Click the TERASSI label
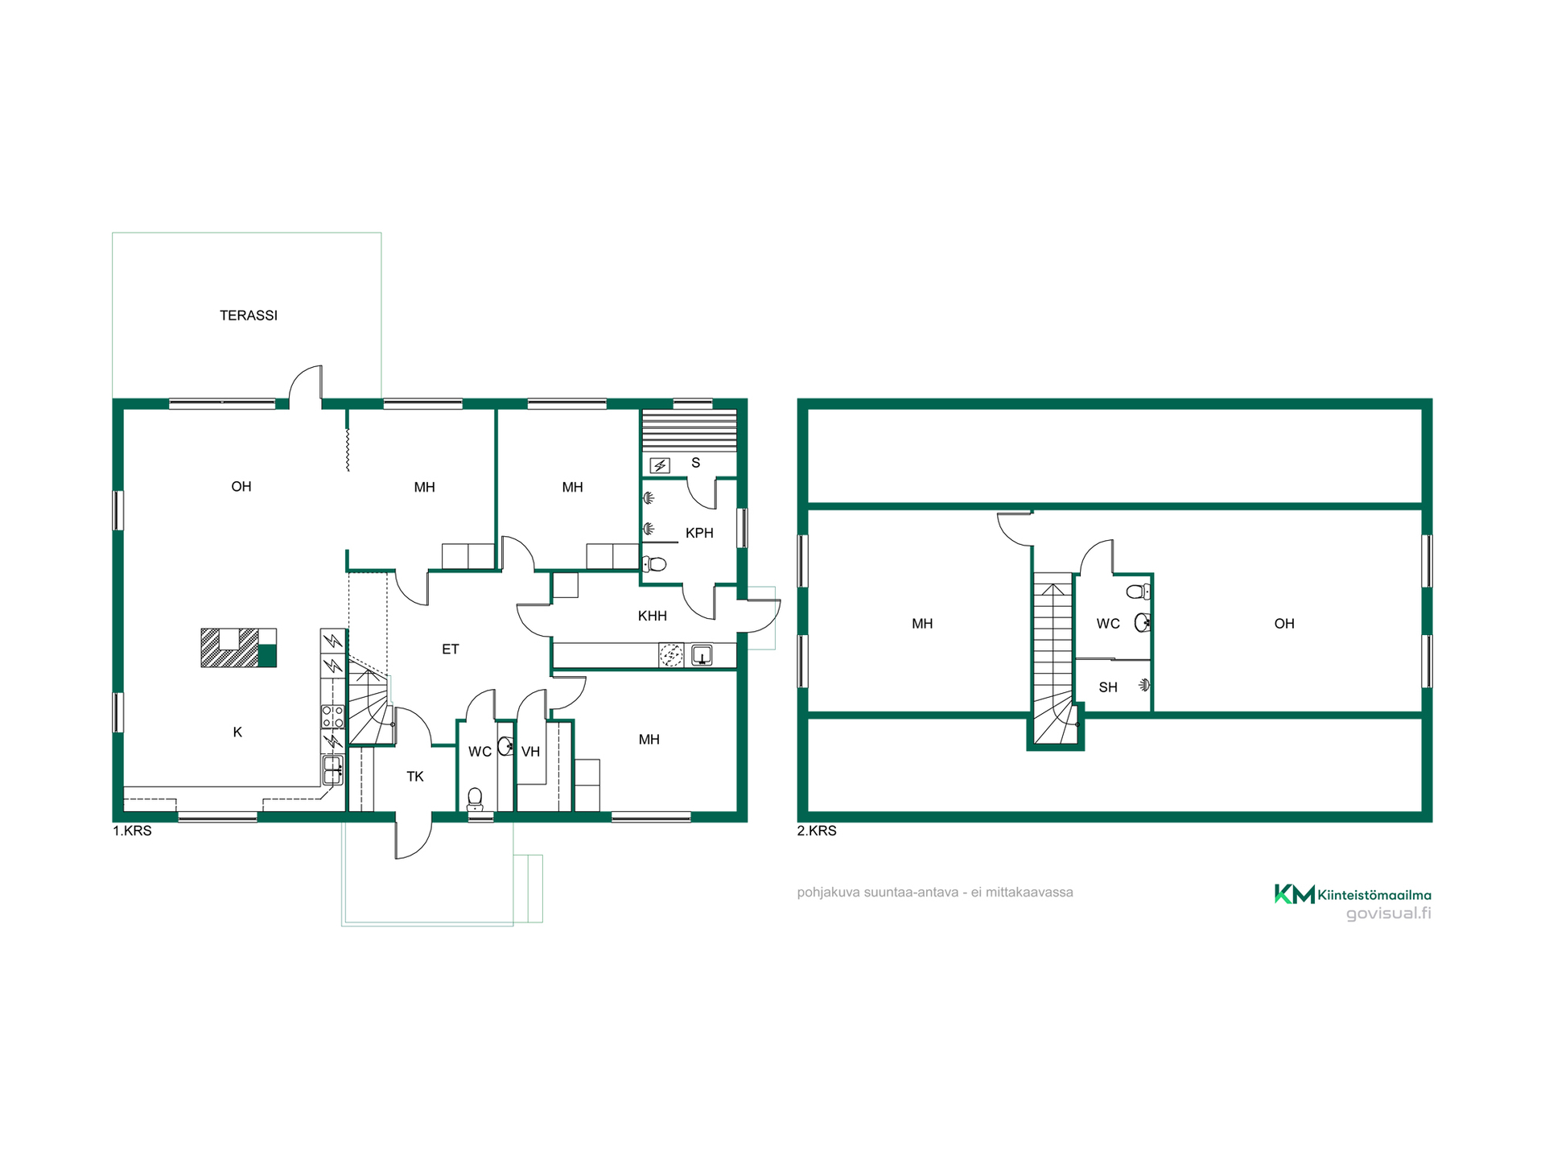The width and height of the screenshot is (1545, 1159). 249,316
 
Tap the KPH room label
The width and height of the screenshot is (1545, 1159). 699,533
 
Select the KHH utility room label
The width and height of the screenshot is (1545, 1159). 653,616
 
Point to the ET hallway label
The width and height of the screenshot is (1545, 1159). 451,649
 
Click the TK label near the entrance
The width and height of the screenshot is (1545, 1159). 415,777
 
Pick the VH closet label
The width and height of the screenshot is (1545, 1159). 530,752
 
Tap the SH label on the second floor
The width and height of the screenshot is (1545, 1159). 1108,687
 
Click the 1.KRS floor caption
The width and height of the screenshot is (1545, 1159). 132,831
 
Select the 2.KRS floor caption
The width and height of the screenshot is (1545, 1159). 817,831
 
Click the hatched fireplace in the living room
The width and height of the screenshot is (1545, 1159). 238,648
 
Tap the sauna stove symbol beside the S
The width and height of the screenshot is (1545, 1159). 660,465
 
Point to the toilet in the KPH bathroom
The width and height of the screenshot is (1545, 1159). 654,563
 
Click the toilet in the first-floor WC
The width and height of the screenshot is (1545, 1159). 476,798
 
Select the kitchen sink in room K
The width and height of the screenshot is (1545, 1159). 332,769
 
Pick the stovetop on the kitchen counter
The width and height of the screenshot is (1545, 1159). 332,716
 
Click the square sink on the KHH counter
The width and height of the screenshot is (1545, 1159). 702,655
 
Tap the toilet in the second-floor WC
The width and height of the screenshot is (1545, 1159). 1138,592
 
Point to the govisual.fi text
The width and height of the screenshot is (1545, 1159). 1389,914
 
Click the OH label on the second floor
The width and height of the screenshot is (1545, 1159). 1284,624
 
